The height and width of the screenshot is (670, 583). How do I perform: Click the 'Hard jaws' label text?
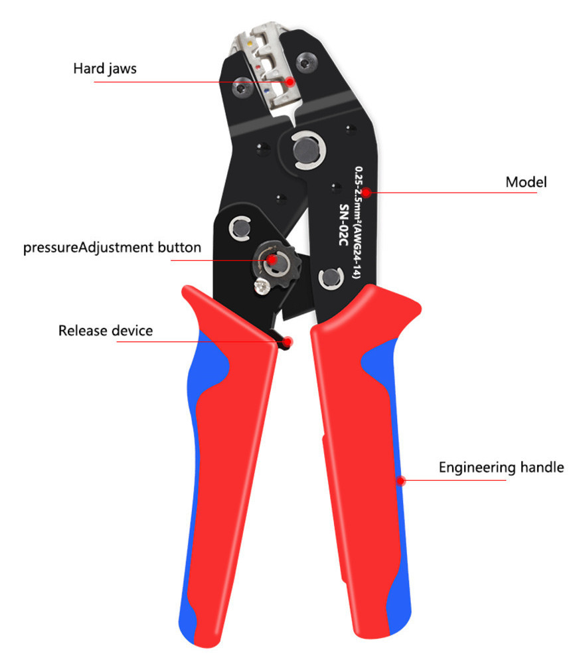pyautogui.click(x=105, y=68)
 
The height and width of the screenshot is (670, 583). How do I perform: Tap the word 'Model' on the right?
pyautogui.click(x=526, y=181)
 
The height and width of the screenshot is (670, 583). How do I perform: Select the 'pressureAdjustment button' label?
pyautogui.click(x=112, y=248)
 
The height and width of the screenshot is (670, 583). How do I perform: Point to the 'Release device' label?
pyautogui.click(x=105, y=330)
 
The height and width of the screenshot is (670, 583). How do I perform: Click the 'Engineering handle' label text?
pyautogui.click(x=501, y=467)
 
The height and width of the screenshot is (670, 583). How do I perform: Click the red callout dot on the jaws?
pyautogui.click(x=290, y=82)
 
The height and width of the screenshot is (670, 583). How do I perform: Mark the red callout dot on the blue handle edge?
pyautogui.click(x=400, y=480)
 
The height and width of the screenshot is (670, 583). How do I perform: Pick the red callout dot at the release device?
pyautogui.click(x=287, y=341)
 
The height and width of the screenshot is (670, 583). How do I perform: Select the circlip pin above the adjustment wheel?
pyautogui.click(x=239, y=229)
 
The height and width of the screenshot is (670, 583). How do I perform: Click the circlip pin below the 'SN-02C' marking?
pyautogui.click(x=330, y=278)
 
